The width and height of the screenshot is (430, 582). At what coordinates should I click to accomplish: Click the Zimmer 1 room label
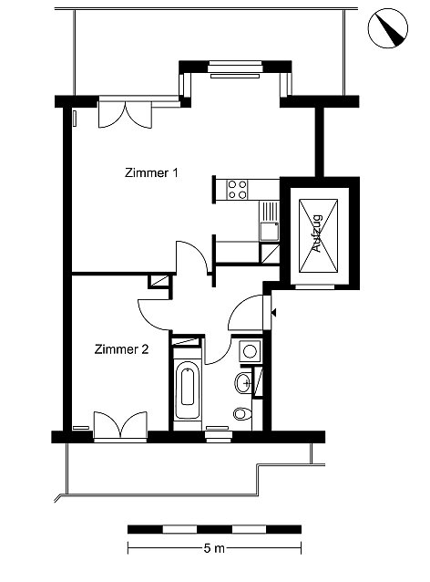point(151,173)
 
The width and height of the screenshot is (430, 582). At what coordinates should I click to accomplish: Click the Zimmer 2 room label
point(121,349)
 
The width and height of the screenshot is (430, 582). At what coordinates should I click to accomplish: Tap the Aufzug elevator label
point(318,234)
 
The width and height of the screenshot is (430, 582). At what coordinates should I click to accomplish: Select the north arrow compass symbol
point(388,28)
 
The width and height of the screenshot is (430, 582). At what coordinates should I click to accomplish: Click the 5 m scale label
point(214,548)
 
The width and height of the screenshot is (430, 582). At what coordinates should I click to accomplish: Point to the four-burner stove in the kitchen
point(237,190)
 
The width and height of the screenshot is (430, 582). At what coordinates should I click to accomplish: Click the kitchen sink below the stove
point(269,231)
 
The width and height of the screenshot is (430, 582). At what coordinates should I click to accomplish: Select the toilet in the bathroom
point(242,413)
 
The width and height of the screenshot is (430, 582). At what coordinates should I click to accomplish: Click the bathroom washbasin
point(243,383)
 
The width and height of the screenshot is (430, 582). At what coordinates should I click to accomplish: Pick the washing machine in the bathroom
point(250,351)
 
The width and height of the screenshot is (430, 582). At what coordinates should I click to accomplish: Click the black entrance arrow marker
point(274,313)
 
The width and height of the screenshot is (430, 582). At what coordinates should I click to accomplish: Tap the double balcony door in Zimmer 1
point(125,115)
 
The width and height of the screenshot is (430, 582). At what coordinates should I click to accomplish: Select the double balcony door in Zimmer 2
point(120,425)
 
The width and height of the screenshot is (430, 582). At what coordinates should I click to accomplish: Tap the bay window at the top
point(235,69)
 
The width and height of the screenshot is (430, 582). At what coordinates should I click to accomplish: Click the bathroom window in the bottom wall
point(219,434)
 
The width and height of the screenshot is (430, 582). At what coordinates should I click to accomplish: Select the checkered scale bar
point(214,529)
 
